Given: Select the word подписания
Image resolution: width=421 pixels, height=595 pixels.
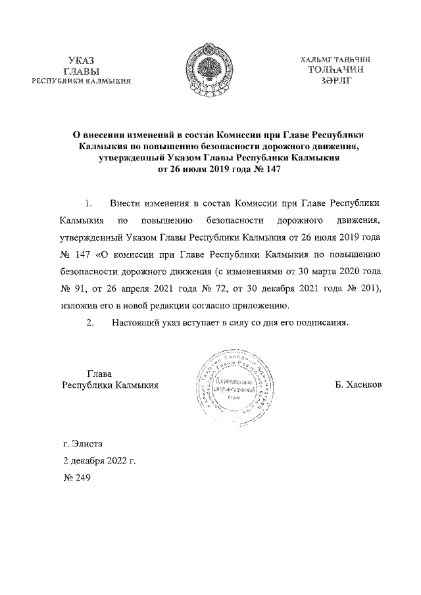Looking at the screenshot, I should coord(317,322).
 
